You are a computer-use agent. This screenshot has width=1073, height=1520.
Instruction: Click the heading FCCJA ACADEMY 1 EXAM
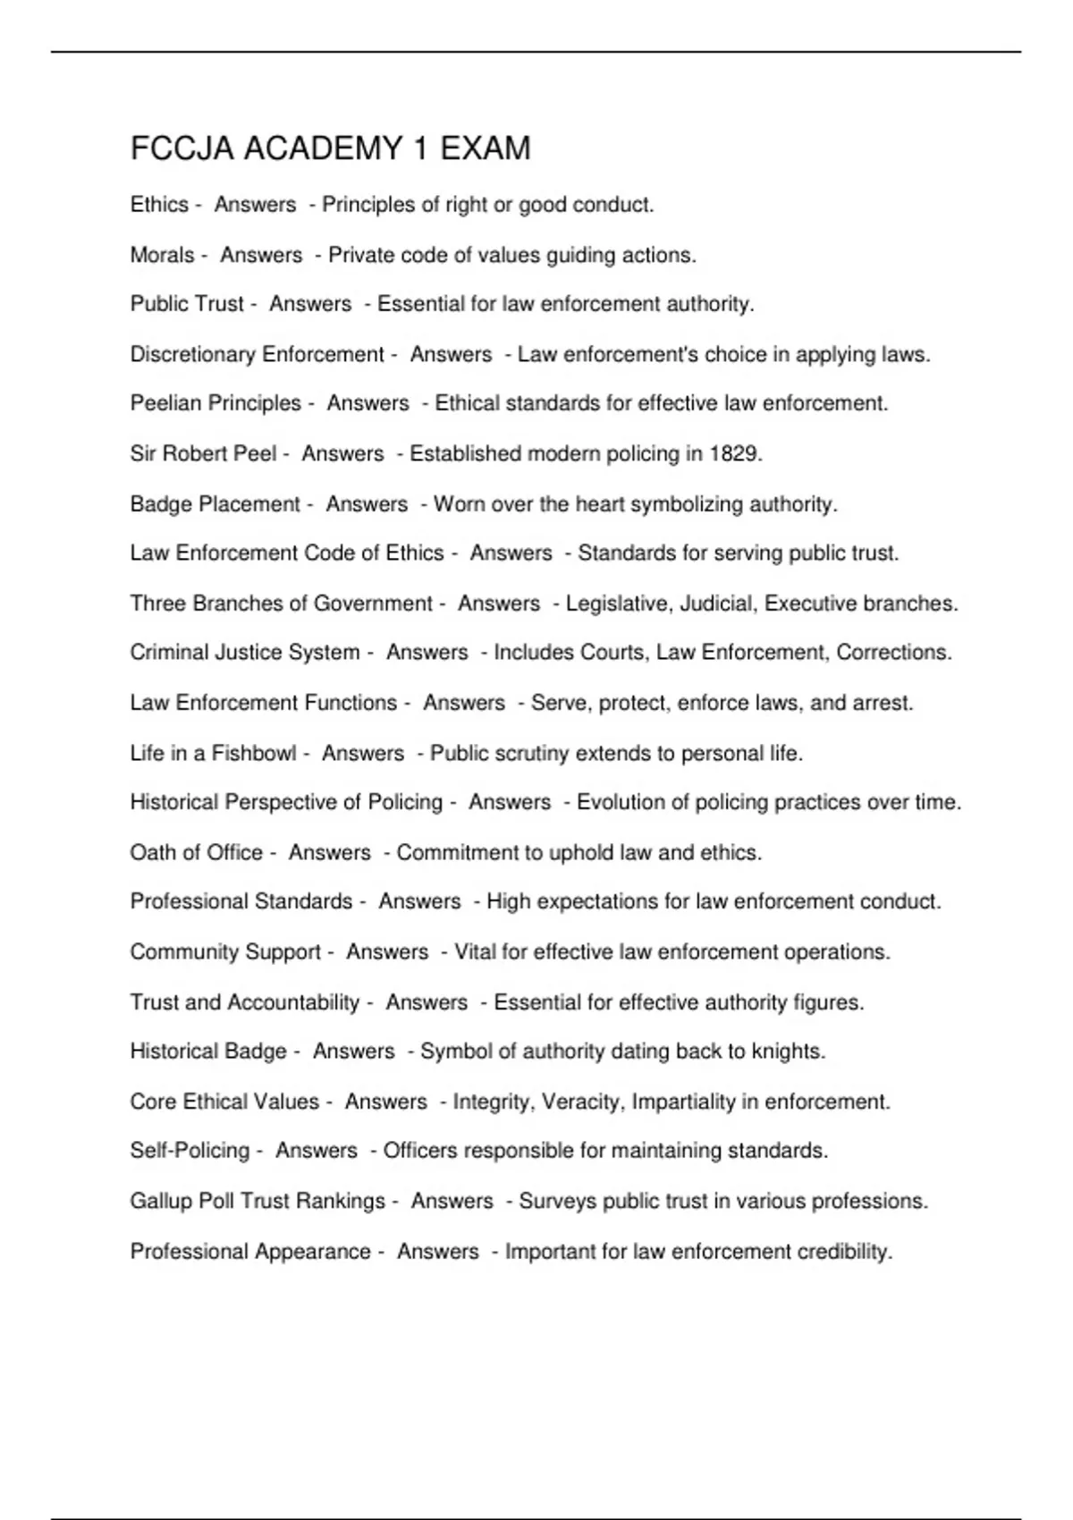click(330, 148)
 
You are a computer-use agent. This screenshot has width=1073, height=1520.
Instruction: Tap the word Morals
click(162, 256)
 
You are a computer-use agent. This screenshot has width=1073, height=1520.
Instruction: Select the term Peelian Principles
click(215, 404)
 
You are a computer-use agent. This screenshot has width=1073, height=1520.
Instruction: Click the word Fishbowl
click(253, 754)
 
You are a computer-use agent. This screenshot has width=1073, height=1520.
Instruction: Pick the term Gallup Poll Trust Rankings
click(258, 1201)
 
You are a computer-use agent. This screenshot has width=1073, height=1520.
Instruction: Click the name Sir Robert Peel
click(203, 454)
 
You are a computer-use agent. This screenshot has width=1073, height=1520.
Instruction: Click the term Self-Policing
click(190, 1151)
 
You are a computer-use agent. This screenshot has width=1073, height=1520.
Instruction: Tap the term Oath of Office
click(197, 853)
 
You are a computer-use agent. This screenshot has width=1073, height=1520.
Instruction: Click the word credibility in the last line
click(844, 1252)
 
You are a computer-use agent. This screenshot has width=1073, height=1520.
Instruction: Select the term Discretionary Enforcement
click(257, 355)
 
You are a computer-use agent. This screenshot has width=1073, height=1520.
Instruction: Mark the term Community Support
click(225, 952)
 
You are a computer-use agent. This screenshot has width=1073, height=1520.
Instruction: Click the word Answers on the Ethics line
click(255, 205)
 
